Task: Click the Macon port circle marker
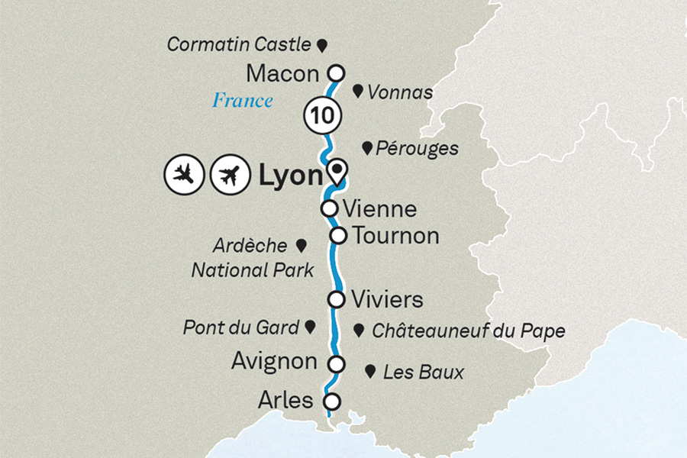(334, 73)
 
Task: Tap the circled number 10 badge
(322, 116)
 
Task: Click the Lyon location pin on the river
(337, 170)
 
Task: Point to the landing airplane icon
(183, 176)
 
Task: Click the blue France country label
(242, 100)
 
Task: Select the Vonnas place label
(400, 92)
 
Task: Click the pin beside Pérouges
(368, 147)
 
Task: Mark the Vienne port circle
(329, 208)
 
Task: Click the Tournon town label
(395, 236)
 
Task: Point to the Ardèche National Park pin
(301, 246)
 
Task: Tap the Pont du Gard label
(240, 328)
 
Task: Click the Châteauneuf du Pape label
(468, 331)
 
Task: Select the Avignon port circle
(335, 363)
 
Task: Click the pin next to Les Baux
(370, 372)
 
